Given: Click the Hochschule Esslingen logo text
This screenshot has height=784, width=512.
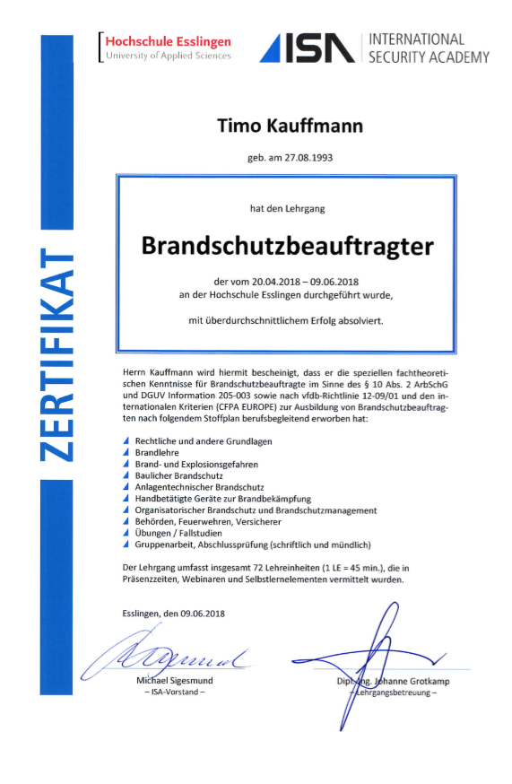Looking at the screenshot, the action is click(168, 41).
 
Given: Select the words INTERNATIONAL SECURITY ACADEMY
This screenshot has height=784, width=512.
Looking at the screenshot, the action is click(429, 48).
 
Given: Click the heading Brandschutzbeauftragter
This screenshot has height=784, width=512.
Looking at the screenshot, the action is click(287, 245).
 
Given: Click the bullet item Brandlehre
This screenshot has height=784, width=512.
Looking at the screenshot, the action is click(156, 453).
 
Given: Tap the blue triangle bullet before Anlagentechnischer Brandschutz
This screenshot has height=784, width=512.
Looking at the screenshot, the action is click(126, 487).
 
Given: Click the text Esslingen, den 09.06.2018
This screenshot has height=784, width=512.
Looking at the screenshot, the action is click(174, 614).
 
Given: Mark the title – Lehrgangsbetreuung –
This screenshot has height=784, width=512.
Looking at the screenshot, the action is click(393, 693).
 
